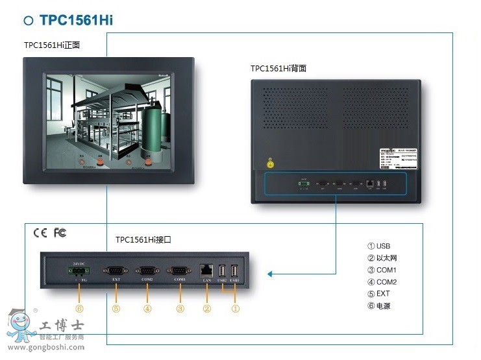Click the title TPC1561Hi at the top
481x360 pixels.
coord(76,19)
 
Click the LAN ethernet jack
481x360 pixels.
coord(207,269)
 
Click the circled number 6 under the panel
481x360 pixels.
coord(79,309)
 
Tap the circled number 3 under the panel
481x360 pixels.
coord(180,309)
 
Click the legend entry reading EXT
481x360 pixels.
coord(379,294)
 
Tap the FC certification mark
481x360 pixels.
coord(60,233)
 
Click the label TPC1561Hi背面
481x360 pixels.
coord(278,68)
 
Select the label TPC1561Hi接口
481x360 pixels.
coord(143,239)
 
